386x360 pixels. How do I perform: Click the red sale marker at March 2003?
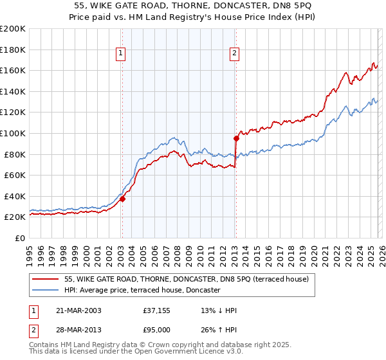click(x=122, y=199)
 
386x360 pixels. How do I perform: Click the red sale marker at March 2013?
click(x=236, y=138)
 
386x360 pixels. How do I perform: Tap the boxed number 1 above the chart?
click(x=122, y=54)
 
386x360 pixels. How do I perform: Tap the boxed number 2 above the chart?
click(x=235, y=54)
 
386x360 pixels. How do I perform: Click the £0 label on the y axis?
click(x=19, y=238)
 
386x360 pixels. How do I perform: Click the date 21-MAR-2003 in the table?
click(x=79, y=310)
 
